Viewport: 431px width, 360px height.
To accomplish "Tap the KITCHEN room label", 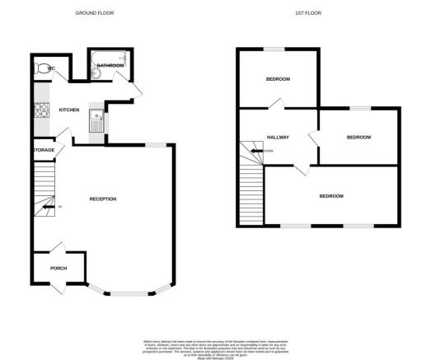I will (x=68, y=110).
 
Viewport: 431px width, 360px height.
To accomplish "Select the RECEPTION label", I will (x=103, y=199).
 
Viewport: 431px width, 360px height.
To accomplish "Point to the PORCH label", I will (x=59, y=269).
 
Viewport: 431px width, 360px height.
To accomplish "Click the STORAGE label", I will (x=44, y=150).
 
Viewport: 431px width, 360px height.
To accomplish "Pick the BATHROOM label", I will (x=110, y=65).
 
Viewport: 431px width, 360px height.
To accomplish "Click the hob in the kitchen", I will (x=38, y=110).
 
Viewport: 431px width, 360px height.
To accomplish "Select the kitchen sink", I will (x=96, y=121).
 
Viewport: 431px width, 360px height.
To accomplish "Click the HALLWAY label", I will (x=277, y=138).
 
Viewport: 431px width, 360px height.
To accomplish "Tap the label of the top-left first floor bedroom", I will (x=278, y=79).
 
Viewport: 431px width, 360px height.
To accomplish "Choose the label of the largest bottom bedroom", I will (x=330, y=196).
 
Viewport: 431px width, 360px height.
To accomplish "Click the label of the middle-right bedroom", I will (x=358, y=138).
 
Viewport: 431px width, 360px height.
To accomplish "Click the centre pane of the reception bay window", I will (x=128, y=293).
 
